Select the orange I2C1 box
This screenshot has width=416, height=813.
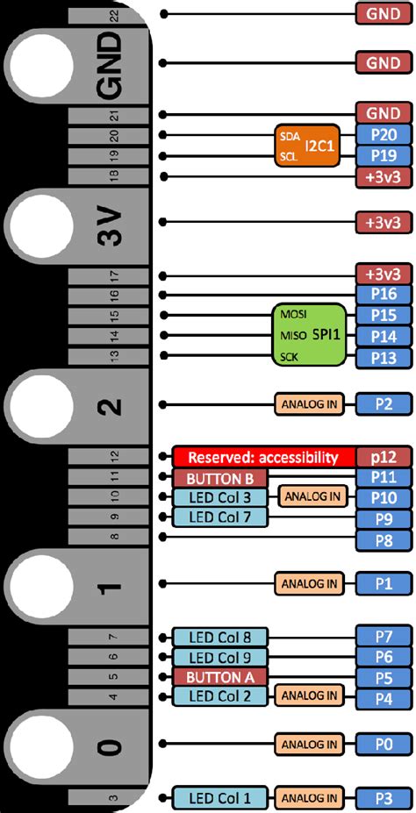(301, 145)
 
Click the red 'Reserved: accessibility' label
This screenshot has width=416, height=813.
(264, 456)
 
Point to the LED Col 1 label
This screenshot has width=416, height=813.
(219, 797)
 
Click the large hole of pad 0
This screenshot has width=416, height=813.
(40, 745)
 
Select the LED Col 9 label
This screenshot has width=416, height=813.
(219, 657)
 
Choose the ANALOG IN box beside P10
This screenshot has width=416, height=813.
(310, 497)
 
